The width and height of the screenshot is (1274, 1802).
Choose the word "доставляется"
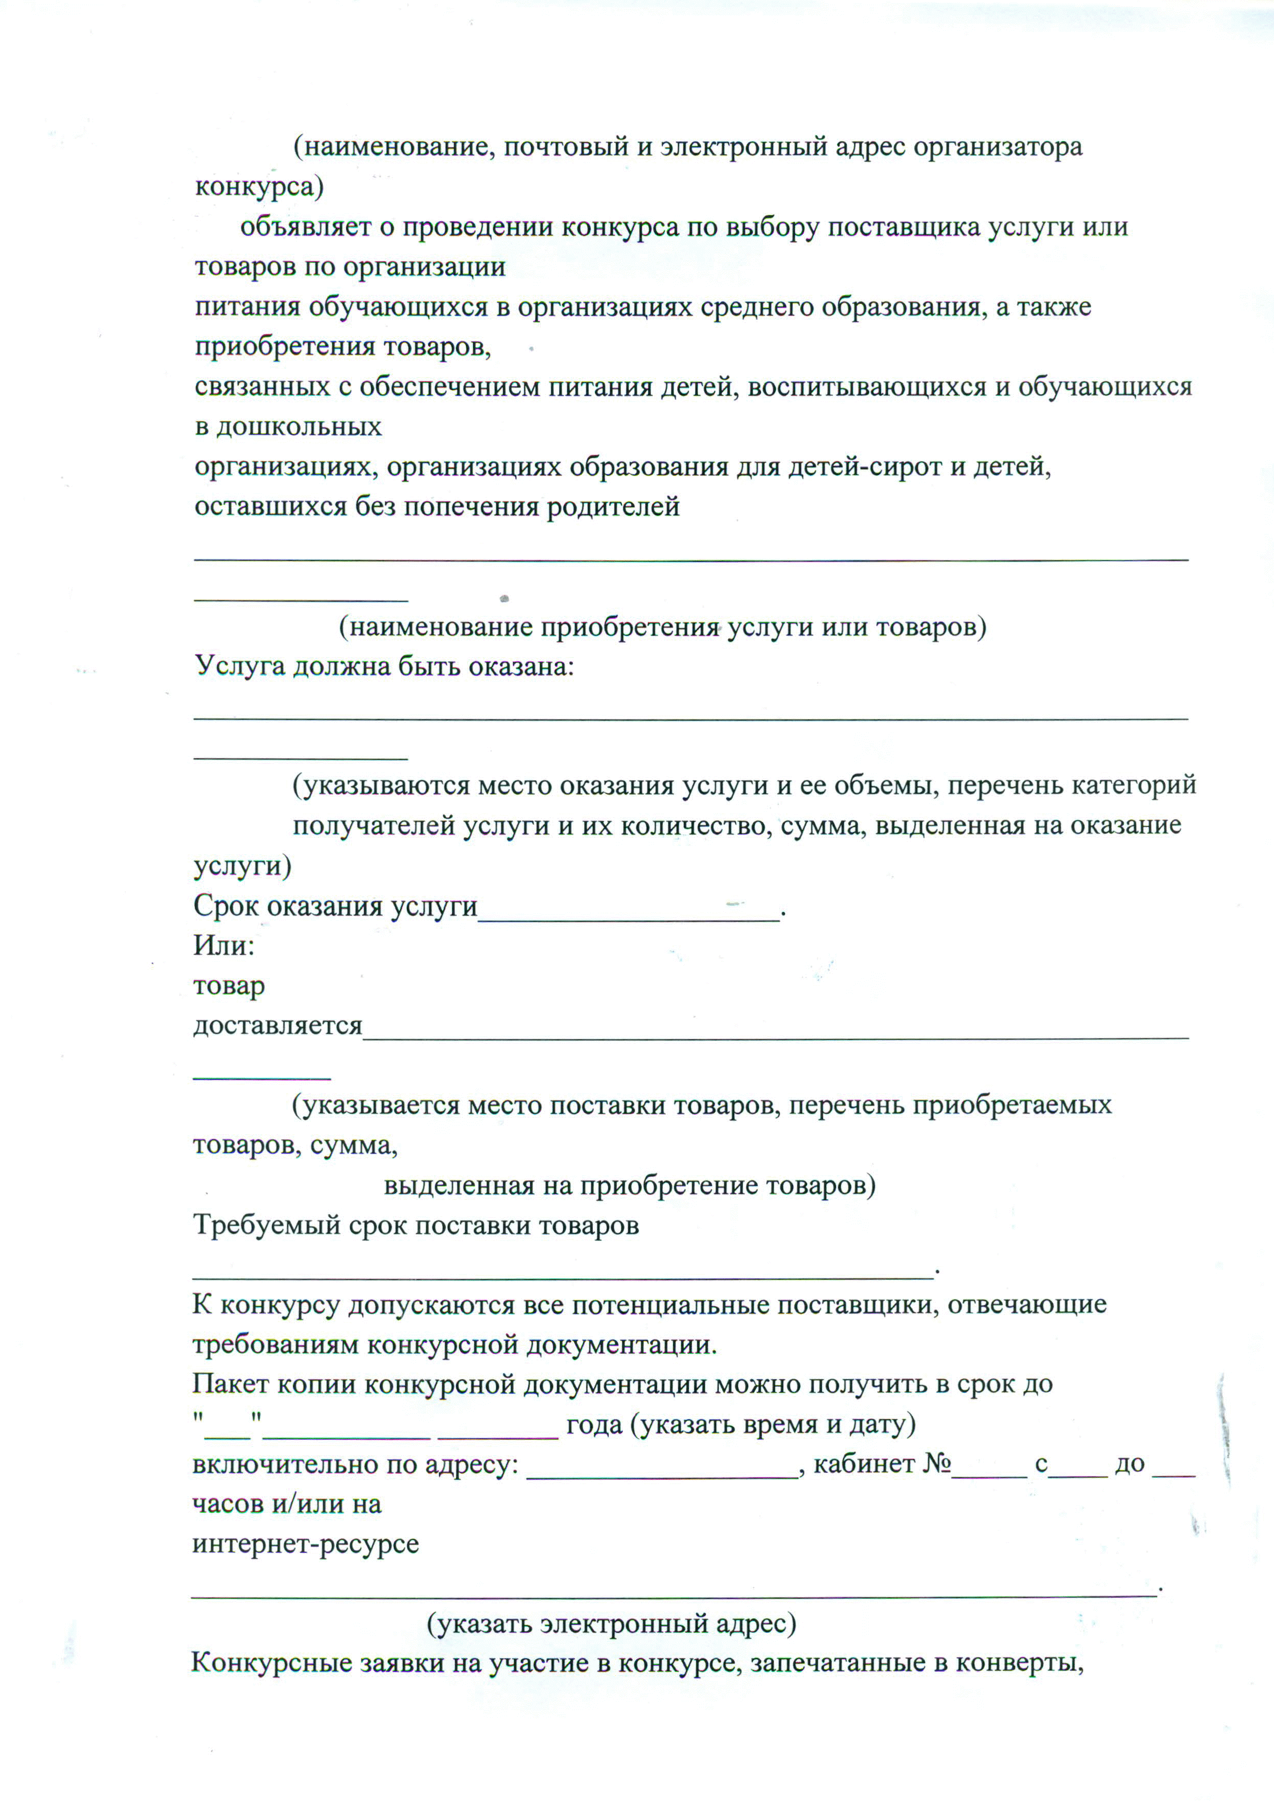[x=278, y=1026]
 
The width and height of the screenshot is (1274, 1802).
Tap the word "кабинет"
[x=864, y=1465]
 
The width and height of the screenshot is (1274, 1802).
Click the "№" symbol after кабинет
[x=937, y=1465]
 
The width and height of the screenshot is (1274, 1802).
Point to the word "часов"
[x=227, y=1505]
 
